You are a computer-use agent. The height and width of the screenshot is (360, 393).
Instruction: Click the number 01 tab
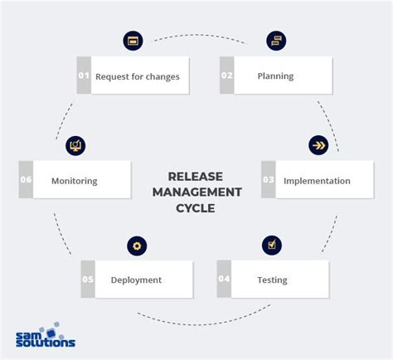pyautogui.click(x=83, y=76)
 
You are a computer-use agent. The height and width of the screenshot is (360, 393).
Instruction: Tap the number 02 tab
pyautogui.click(x=226, y=76)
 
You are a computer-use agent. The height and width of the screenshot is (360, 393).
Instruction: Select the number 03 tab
pyautogui.click(x=268, y=180)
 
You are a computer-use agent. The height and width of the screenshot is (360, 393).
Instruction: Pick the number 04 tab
pyautogui.click(x=224, y=280)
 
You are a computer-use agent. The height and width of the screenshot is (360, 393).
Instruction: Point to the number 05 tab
pyautogui.click(x=88, y=280)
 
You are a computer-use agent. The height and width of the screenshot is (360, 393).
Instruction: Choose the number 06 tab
pyautogui.click(x=26, y=180)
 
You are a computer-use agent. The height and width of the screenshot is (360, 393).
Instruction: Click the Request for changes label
pyautogui.click(x=138, y=76)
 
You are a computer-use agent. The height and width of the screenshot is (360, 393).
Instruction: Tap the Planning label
pyautogui.click(x=275, y=76)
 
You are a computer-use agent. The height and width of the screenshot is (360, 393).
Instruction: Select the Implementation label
pyautogui.click(x=317, y=180)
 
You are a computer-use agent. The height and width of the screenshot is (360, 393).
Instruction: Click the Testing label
pyautogui.click(x=272, y=280)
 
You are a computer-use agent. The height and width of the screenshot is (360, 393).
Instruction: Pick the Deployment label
pyautogui.click(x=136, y=280)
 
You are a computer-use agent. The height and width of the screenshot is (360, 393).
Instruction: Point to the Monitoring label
pyautogui.click(x=75, y=180)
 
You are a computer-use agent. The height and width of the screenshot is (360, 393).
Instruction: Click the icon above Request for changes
pyautogui.click(x=133, y=40)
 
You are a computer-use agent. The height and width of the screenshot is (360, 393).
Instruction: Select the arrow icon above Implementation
pyautogui.click(x=318, y=145)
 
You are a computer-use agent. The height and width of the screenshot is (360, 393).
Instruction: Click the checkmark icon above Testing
pyautogui.click(x=272, y=245)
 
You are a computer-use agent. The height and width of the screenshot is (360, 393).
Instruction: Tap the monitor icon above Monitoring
pyautogui.click(x=75, y=145)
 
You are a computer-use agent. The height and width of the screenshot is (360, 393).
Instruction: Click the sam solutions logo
pyautogui.click(x=46, y=337)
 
